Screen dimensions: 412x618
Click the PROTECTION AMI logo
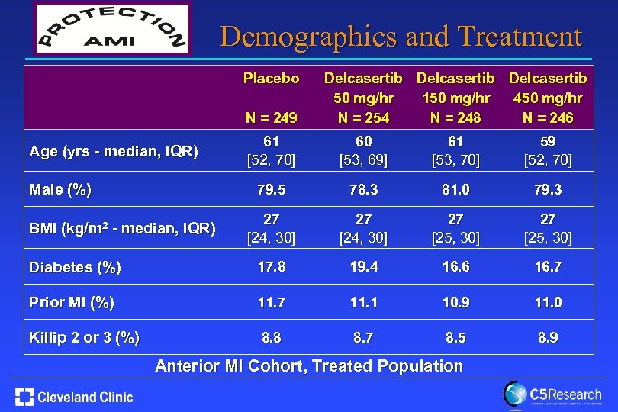pyautogui.click(x=112, y=30)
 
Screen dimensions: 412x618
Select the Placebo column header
pyautogui.click(x=271, y=79)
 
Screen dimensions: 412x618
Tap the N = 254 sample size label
pyautogui.click(x=363, y=117)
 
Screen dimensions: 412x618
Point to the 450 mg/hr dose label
pyautogui.click(x=548, y=98)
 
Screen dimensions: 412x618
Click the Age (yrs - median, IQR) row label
pyautogui.click(x=113, y=151)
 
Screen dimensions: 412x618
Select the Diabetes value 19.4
pyautogui.click(x=363, y=267)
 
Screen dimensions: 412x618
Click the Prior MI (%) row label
pyautogui.click(x=71, y=302)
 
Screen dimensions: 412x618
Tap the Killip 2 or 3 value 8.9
pyautogui.click(x=547, y=337)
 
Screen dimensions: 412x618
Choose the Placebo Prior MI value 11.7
pyautogui.click(x=271, y=302)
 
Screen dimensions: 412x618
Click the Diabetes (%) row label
pyautogui.click(x=74, y=267)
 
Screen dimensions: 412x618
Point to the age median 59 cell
pyautogui.click(x=547, y=143)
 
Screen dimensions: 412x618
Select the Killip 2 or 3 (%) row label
pyautogui.click(x=84, y=337)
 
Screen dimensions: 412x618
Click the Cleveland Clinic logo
pyautogui.click(x=74, y=397)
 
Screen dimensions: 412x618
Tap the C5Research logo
pyautogui.click(x=552, y=395)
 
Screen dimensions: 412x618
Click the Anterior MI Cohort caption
pyautogui.click(x=309, y=365)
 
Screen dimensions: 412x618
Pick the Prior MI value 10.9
pyautogui.click(x=455, y=302)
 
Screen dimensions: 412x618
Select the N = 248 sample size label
pyautogui.click(x=455, y=117)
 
